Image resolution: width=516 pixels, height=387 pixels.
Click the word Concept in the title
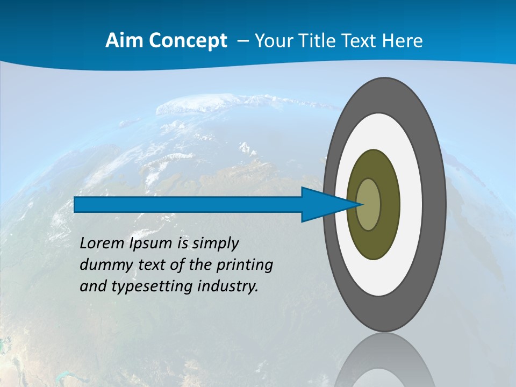[x=187, y=41]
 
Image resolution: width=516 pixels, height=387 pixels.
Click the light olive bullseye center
[x=369, y=205]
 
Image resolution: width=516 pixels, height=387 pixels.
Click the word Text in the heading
[x=361, y=41]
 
